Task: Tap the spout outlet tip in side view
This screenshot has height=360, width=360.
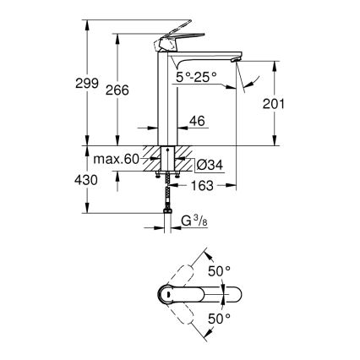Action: point(237,59)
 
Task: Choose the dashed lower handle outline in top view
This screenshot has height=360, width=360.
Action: point(188,319)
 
